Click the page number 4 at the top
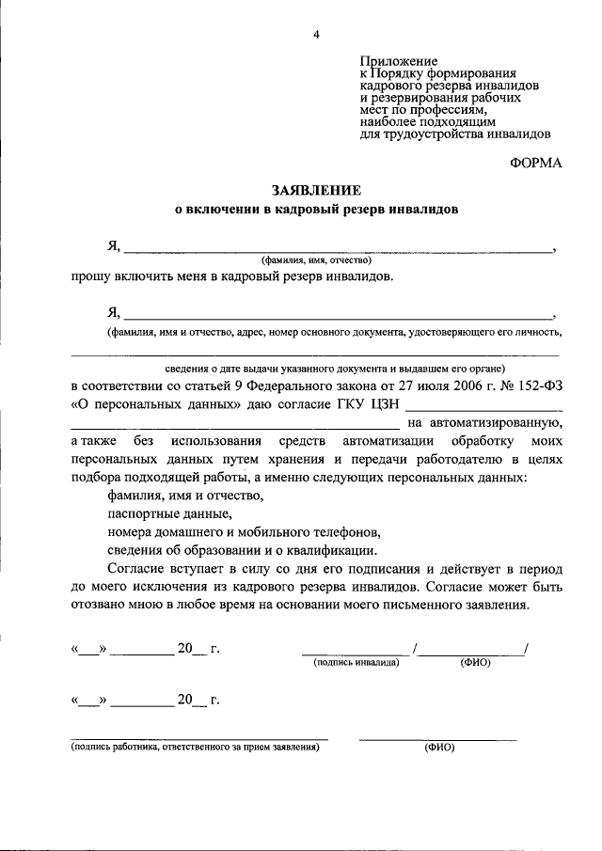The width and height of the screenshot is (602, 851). coord(317,36)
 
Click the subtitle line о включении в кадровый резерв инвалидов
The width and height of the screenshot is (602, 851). coord(317,210)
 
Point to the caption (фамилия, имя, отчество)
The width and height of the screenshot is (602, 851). coord(317,260)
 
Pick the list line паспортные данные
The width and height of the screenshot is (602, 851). coord(168,514)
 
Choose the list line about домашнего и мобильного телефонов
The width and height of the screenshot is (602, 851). coord(243,532)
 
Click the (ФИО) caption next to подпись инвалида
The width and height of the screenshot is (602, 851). coord(474,663)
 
